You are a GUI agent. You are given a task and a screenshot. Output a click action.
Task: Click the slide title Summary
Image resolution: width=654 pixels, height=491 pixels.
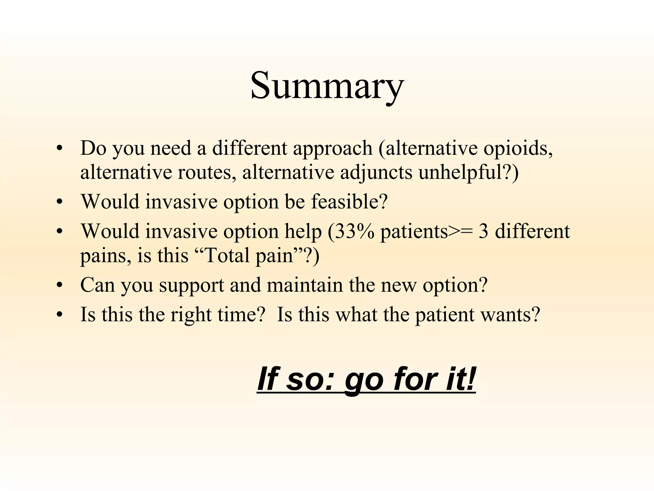(327, 86)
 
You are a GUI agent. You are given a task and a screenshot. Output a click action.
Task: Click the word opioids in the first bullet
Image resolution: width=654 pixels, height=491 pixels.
(518, 148)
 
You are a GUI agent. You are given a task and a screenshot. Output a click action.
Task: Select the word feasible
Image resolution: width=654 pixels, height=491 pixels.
(349, 202)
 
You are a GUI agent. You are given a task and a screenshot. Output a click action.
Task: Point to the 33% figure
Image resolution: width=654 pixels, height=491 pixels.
(354, 231)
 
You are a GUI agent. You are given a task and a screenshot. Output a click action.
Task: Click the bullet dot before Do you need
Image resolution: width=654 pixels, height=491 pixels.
(59, 149)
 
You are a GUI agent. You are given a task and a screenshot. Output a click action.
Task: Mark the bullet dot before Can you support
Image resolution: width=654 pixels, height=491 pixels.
(59, 285)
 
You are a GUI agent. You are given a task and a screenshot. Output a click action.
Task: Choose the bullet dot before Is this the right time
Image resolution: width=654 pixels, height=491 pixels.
(59, 315)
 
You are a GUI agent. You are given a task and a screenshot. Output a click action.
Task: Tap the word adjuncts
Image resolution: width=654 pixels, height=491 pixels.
(376, 173)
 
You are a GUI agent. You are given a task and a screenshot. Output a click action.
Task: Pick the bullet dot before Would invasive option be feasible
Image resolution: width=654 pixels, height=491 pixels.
(59, 202)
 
